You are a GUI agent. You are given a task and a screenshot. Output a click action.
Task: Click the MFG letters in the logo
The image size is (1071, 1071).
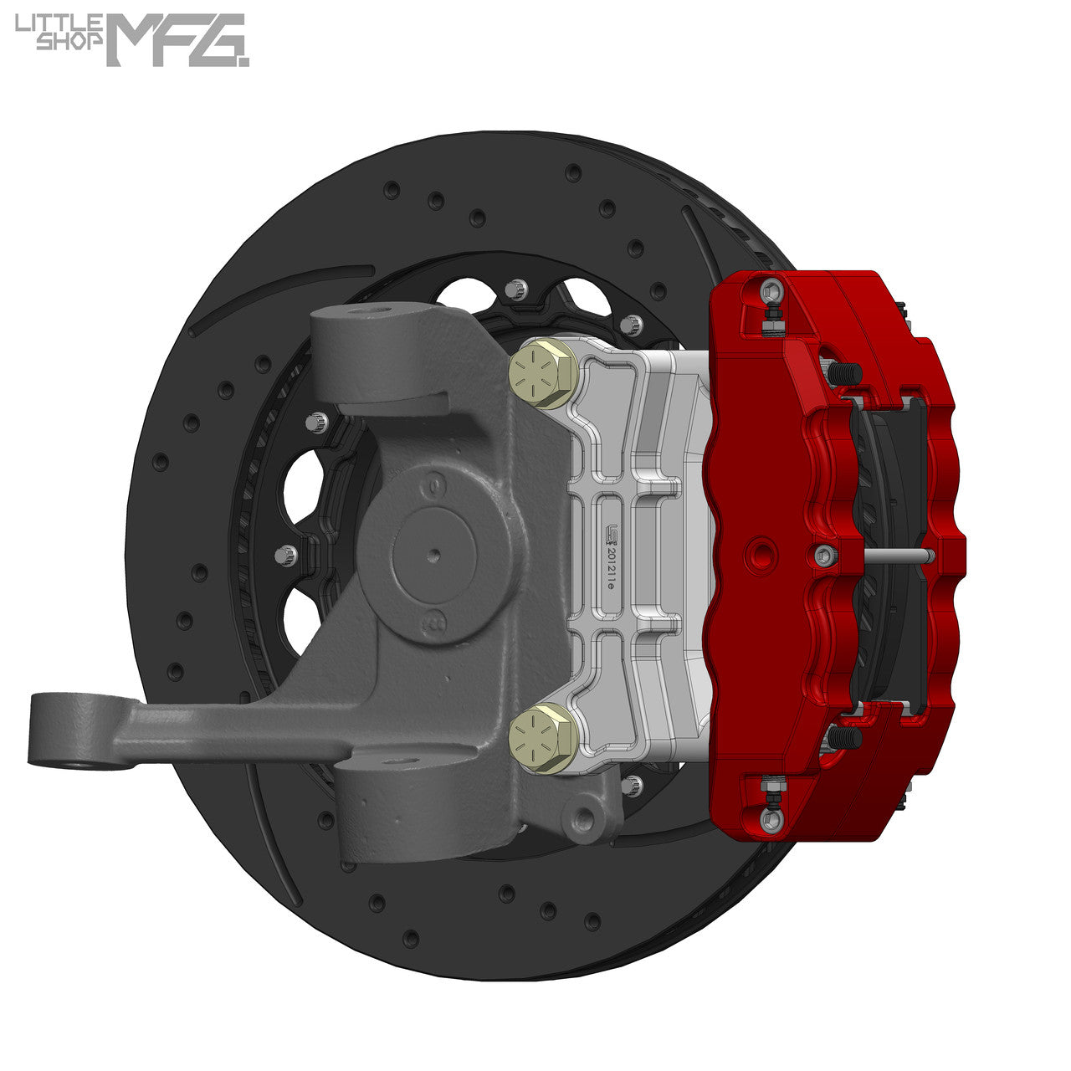coord(176,40)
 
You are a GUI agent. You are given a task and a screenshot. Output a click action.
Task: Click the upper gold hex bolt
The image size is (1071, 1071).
coord(542,373)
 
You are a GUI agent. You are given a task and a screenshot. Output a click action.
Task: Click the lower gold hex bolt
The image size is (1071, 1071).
coord(541,738)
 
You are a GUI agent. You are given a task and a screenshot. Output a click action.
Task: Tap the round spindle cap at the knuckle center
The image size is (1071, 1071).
coord(433,554)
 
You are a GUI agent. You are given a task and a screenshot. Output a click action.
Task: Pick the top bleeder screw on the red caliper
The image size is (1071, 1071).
coord(771,292)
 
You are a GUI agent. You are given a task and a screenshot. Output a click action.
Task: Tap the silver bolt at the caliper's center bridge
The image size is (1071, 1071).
coord(823,553)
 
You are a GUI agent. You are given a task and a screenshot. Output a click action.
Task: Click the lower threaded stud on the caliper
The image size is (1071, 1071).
coord(845,736)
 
